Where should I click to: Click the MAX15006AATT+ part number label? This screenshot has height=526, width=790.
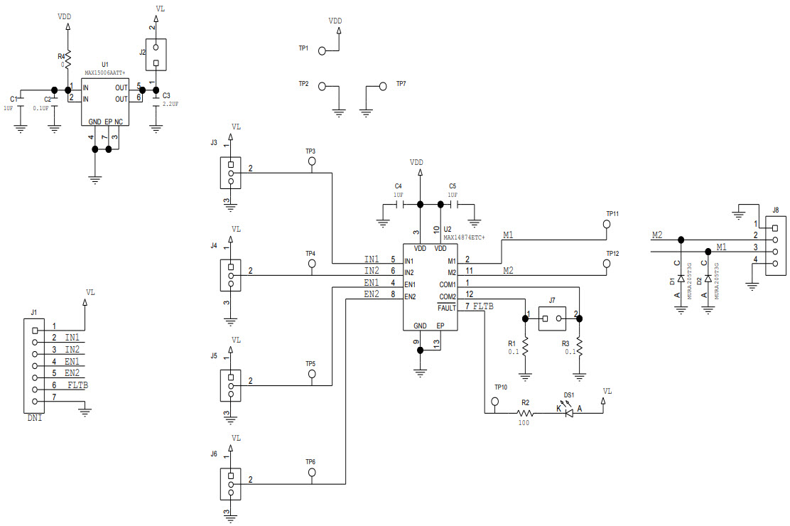pos(104,73)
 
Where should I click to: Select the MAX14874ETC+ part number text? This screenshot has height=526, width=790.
pos(464,237)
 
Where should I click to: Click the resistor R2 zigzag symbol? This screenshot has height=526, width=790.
pos(525,412)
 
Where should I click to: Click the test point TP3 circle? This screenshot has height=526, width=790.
pos(311,162)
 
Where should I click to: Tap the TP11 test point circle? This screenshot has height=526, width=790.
pos(607,224)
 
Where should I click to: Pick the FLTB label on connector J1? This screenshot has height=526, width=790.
pos(78,385)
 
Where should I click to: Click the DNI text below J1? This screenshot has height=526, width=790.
pos(35,419)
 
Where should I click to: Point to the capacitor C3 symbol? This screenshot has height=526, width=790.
pos(156,100)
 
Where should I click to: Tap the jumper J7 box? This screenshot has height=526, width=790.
pos(552,318)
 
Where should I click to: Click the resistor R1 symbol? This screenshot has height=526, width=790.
pos(526,346)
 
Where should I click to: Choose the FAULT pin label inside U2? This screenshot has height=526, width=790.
pos(447,308)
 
